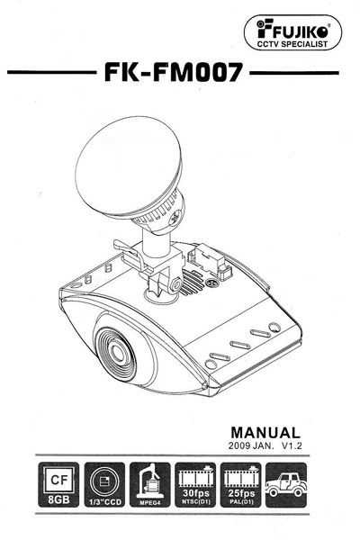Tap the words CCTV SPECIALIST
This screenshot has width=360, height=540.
(x=292, y=44)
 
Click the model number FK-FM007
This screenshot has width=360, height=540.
(x=174, y=72)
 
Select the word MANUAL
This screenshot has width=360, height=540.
(x=265, y=433)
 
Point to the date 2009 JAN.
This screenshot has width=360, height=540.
(x=251, y=445)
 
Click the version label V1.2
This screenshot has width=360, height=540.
(x=292, y=445)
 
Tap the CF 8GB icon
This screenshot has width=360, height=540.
(x=58, y=484)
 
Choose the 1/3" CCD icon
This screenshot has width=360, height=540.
(x=104, y=484)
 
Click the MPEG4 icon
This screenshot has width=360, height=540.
(x=150, y=484)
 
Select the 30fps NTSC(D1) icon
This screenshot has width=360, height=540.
(x=195, y=484)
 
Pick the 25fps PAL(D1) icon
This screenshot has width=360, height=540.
(x=241, y=484)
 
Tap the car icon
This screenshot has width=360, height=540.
(x=286, y=484)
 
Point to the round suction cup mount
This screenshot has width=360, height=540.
(x=129, y=167)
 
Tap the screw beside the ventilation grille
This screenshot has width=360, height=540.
(x=211, y=283)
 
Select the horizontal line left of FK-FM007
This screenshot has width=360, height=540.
(x=52, y=72)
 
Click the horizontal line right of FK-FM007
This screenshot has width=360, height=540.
(x=294, y=73)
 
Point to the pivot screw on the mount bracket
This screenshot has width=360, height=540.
(x=176, y=284)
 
